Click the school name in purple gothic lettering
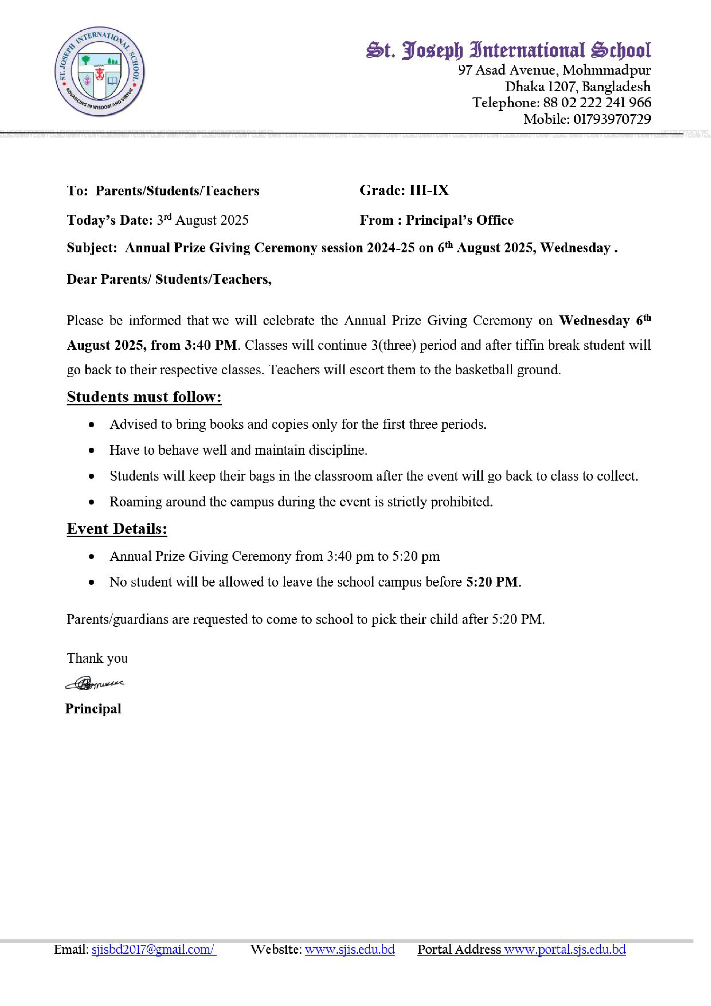[x=508, y=50]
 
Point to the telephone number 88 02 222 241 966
[x=597, y=103]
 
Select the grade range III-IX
[x=429, y=190]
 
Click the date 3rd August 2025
[x=203, y=220]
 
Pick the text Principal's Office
[x=459, y=220]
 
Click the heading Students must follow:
[x=144, y=397]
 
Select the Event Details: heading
[x=117, y=529]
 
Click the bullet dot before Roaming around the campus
[x=92, y=502]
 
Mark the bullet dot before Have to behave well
[x=92, y=450]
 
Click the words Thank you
[x=97, y=658]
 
